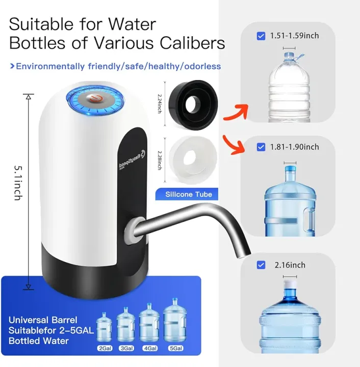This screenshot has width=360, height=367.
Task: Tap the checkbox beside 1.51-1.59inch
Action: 261,36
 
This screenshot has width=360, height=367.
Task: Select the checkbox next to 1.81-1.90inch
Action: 261,147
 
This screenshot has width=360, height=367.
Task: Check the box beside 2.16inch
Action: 261,265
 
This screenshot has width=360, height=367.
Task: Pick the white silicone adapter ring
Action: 192,153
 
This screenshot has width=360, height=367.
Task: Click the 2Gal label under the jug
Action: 105,349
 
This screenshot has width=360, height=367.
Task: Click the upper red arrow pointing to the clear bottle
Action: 238,106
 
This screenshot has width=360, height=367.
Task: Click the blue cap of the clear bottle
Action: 289,54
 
